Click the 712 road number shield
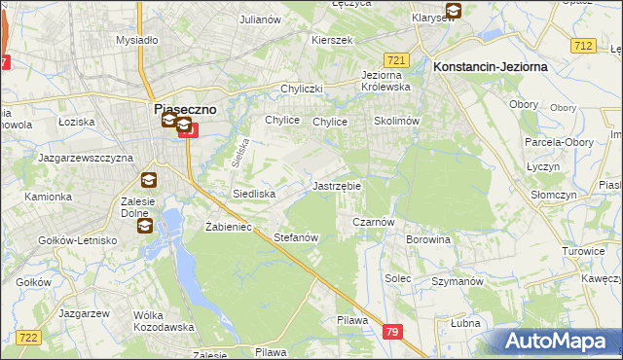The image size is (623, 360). click(584, 46)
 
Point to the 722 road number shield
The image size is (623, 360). click(28, 337)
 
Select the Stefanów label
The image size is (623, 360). click(297, 237)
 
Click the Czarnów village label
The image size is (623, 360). click(371, 222)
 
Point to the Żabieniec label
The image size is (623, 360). click(229, 226)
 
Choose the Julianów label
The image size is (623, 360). click(260, 18)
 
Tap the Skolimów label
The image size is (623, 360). click(396, 122)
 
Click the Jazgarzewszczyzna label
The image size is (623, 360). click(84, 157)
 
